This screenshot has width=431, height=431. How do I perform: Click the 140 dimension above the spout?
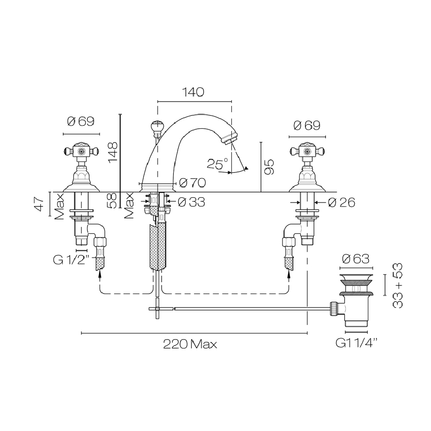tap(193, 92)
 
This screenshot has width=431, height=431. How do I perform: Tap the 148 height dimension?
tap(113, 153)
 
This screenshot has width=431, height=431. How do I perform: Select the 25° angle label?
tap(217, 164)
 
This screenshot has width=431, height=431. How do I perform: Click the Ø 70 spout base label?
tap(193, 182)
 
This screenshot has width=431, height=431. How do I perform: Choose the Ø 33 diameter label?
tap(192, 202)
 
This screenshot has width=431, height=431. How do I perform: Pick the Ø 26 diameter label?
tap(341, 203)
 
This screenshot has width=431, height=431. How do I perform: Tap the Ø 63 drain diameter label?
tap(356, 259)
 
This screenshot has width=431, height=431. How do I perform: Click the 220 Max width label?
tap(190, 344)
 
